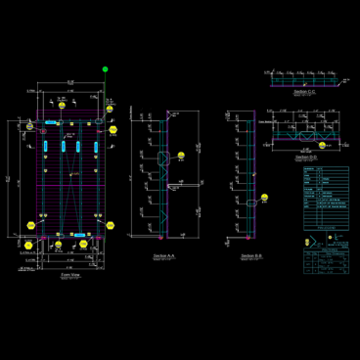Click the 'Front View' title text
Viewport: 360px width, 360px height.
coord(70,276)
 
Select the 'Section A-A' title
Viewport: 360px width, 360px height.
coord(165,254)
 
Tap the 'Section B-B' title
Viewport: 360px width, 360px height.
coord(250,254)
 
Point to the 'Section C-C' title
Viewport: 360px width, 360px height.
coord(305,92)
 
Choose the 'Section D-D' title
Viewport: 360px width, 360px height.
coord(307,156)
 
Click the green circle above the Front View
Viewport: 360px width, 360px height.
coord(106,69)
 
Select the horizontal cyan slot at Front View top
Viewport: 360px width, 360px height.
coord(48,124)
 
